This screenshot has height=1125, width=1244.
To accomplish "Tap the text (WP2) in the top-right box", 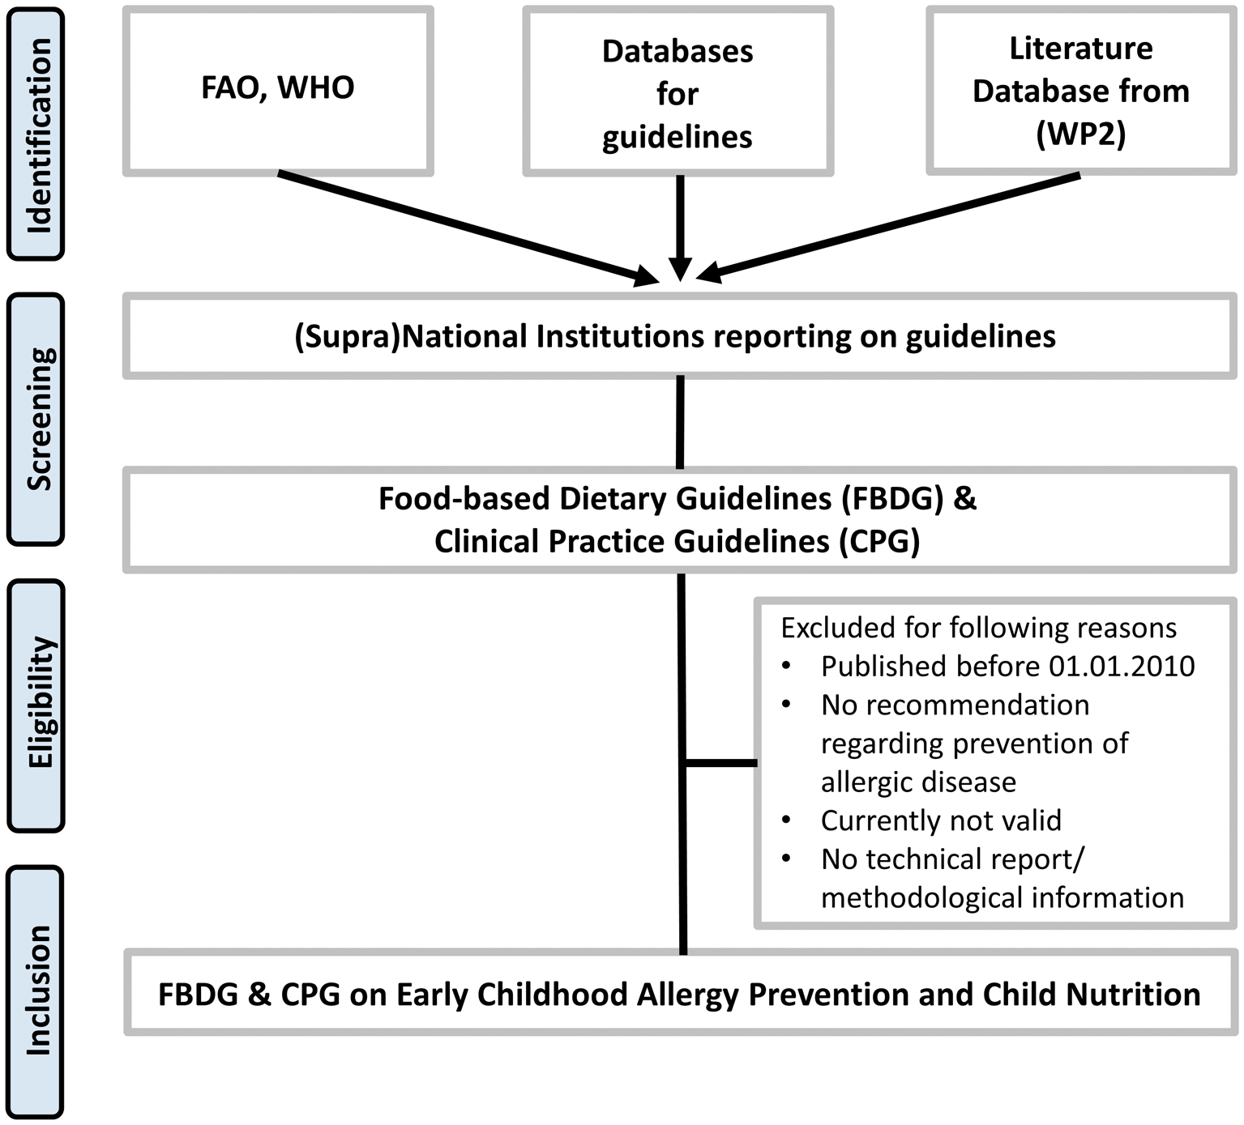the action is [1081, 134].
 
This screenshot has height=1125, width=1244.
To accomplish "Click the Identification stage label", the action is [36, 134].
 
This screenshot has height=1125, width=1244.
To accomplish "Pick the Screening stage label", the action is [36, 419].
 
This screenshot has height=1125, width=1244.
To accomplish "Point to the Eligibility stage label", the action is [36, 705].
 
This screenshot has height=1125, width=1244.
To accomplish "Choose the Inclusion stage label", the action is [36, 991].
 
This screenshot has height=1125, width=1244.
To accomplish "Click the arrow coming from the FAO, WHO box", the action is [468, 228].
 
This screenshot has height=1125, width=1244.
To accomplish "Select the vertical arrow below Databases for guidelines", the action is [681, 228].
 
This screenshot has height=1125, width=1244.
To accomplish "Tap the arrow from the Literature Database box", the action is [888, 227].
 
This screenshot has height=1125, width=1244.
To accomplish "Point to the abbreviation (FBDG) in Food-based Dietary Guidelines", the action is [893, 499].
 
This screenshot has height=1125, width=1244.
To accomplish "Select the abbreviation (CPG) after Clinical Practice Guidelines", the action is [879, 541].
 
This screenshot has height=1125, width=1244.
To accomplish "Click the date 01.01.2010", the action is [1122, 666].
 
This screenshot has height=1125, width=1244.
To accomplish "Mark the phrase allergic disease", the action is [918, 782].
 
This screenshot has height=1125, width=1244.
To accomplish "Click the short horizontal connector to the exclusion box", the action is [721, 763].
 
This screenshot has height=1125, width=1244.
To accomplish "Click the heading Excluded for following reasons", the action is [979, 628].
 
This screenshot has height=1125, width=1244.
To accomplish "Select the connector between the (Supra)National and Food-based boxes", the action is [680, 423].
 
